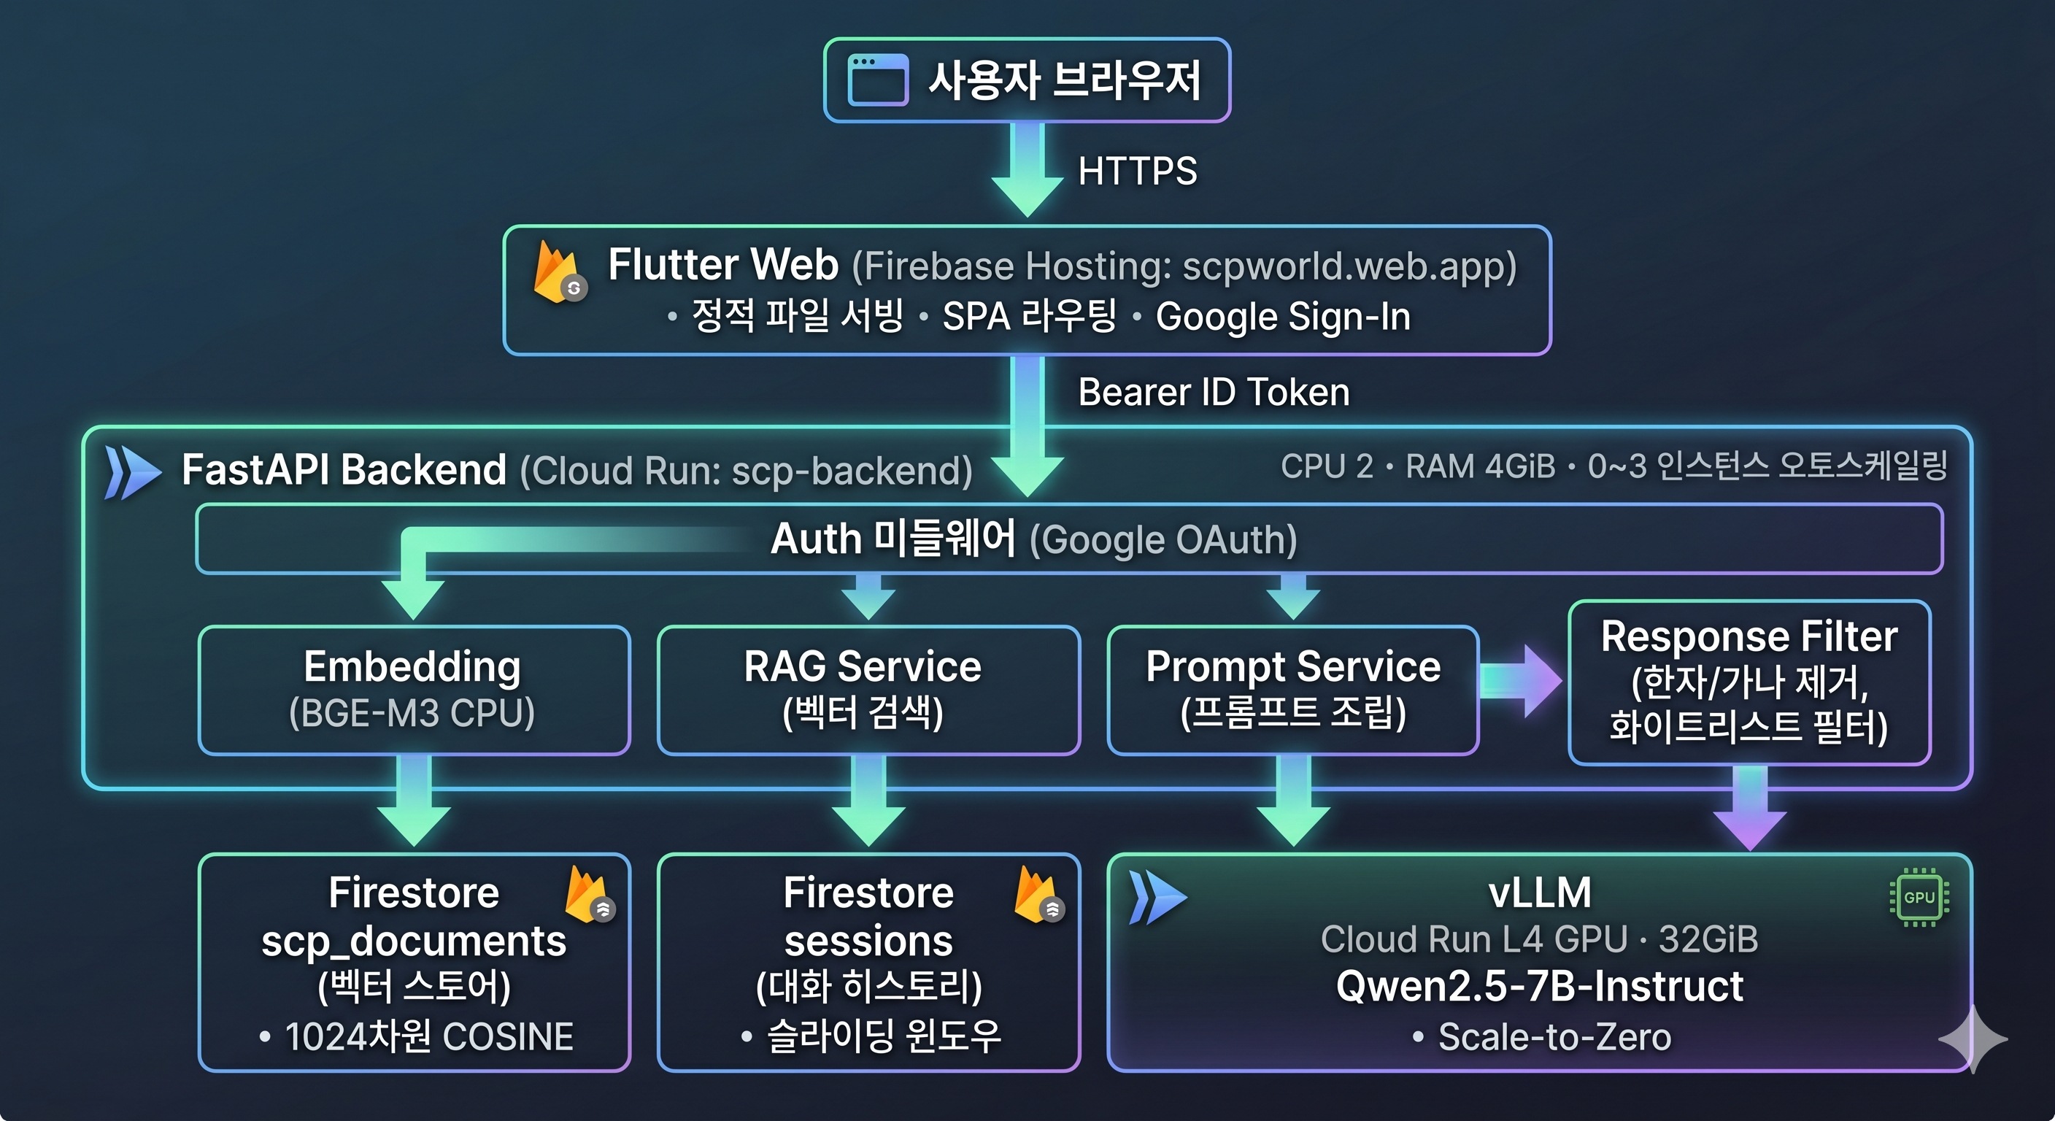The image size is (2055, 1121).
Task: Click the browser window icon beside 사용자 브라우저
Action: pos(877,80)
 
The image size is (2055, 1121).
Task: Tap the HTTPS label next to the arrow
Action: pos(1137,172)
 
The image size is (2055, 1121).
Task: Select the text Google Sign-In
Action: pos(1283,317)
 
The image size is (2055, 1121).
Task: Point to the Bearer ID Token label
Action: pos(1214,393)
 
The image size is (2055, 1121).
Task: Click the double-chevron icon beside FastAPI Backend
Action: pos(131,472)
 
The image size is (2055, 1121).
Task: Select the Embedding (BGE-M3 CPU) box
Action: pos(414,690)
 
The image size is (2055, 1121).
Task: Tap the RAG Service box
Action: pos(868,690)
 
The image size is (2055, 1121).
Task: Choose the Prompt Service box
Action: pos(1292,690)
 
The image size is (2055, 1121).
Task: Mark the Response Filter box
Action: pos(1749,682)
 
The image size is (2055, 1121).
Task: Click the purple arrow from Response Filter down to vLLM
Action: pos(1749,810)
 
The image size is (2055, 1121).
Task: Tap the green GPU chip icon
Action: pos(1919,898)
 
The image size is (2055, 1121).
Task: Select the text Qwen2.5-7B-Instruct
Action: pos(1539,987)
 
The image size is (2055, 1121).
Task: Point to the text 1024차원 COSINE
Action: pos(428,1037)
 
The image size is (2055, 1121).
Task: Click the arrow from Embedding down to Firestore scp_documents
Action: pos(414,802)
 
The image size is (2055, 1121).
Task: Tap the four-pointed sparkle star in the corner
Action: pos(1972,1039)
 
